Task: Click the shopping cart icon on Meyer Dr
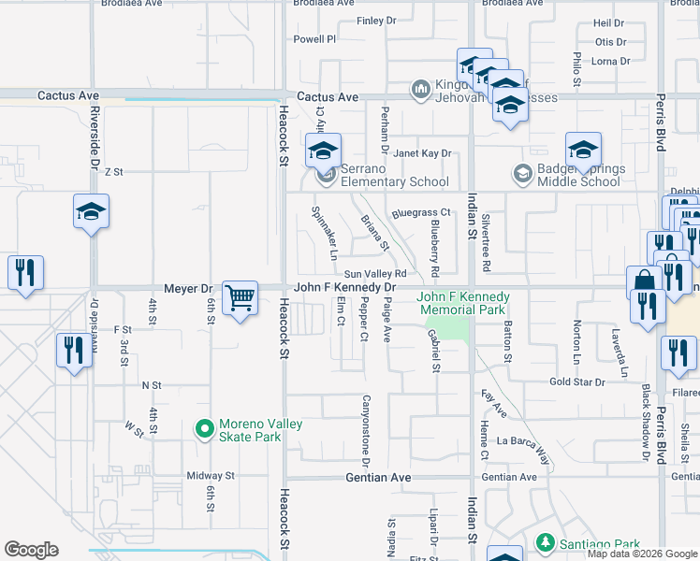click(241, 299)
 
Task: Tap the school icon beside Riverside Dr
click(92, 212)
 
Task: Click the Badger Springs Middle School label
click(574, 176)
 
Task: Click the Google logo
click(31, 550)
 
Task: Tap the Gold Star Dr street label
click(577, 381)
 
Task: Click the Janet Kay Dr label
click(421, 153)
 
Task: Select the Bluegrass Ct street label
click(421, 213)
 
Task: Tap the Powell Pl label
click(314, 39)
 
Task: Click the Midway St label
click(210, 476)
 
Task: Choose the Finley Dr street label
click(377, 21)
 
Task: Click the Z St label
click(114, 172)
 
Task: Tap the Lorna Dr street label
click(611, 62)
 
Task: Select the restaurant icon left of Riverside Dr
click(23, 273)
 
